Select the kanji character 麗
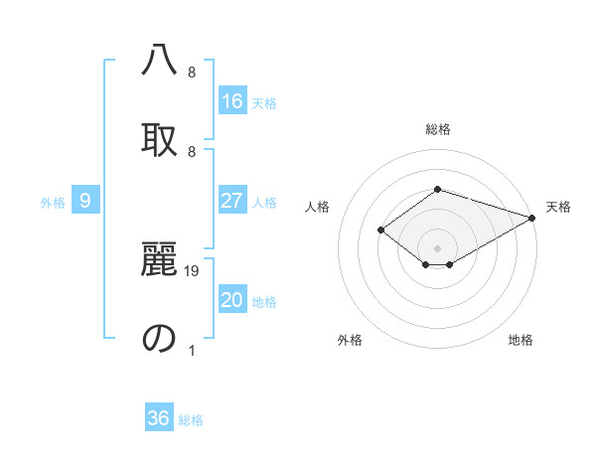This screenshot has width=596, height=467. point(159,259)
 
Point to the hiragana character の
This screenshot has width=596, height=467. point(159,338)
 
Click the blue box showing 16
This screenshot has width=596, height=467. point(232,100)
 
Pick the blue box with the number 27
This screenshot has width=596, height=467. point(232,201)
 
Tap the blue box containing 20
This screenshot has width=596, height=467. point(232,300)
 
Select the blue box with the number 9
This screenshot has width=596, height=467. point(85,201)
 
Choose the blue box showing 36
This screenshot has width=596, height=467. point(159,418)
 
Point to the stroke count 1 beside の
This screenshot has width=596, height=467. point(192,350)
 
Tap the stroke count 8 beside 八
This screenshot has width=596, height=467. point(192,72)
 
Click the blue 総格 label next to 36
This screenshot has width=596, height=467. point(191,420)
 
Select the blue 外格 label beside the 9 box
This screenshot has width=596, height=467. point(53,202)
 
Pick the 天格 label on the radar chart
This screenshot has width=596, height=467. point(558,207)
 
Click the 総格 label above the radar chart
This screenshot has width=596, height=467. point(437,129)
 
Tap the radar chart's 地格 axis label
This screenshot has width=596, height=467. point(521,340)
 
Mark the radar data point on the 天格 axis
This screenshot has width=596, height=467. point(533,217)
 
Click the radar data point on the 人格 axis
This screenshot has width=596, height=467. point(380,230)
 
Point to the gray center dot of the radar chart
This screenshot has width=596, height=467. point(437,247)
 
